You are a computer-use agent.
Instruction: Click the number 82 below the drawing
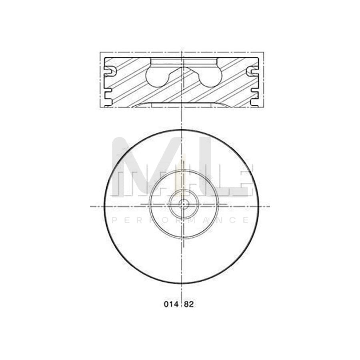tap(189, 304)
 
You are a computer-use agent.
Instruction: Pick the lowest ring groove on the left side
tap(108, 95)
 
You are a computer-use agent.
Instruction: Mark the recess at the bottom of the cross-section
tap(182, 105)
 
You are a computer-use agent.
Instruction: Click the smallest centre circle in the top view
tap(184, 204)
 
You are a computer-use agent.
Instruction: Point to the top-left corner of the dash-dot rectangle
tap(100, 52)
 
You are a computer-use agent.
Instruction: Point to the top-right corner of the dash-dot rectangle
tap(263, 52)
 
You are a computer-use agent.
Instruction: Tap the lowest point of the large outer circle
tap(182, 284)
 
